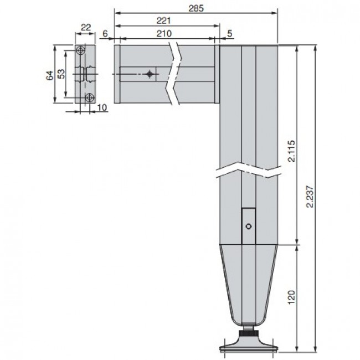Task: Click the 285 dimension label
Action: pos(196,8)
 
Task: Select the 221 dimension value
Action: pos(164,20)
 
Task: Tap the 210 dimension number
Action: pos(164,34)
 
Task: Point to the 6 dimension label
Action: pos(105,34)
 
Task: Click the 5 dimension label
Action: pos(230,34)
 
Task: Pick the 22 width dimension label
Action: pos(86,28)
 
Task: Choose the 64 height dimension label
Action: pos(50,75)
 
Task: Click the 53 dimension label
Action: pos(61,74)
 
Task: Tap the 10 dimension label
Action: pos(102,107)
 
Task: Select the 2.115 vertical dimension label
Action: pos(291,151)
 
